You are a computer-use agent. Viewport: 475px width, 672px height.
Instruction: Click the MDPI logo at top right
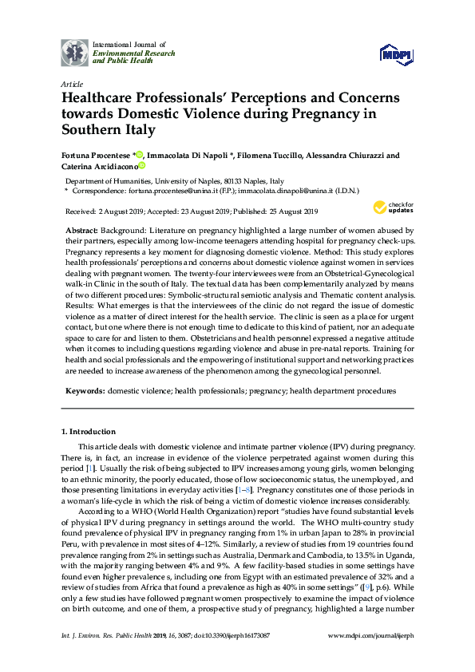[398, 54]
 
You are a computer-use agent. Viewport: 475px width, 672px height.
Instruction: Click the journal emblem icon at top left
[74, 52]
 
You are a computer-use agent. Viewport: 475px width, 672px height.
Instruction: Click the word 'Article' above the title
[70, 83]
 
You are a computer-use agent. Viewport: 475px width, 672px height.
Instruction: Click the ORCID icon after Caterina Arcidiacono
[142, 166]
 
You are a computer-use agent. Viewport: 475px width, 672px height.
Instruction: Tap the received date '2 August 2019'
[121, 211]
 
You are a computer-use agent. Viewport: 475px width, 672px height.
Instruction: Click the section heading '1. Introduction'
[89, 432]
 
